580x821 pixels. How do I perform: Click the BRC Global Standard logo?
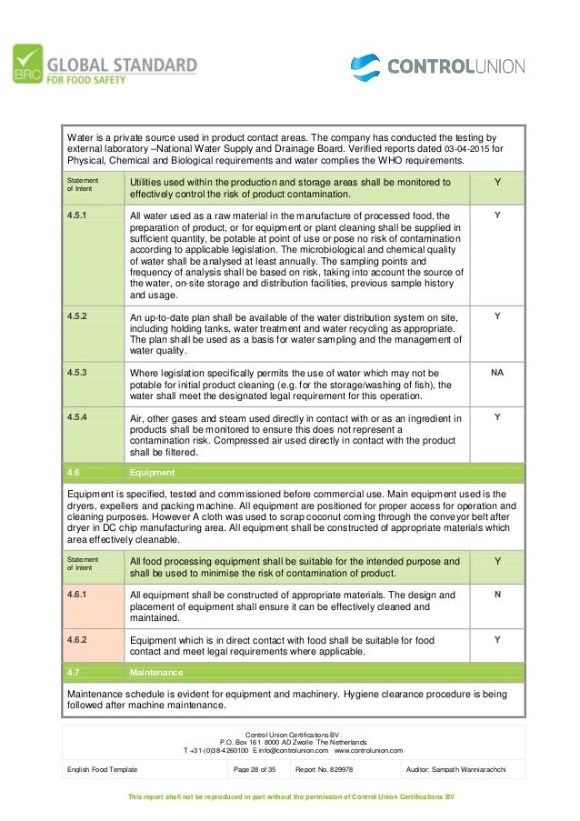(x=105, y=65)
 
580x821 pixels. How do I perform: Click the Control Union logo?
(x=438, y=65)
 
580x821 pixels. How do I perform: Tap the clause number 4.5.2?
(x=78, y=316)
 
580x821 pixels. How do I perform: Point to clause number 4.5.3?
(x=78, y=373)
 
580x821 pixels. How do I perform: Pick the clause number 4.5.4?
(x=78, y=417)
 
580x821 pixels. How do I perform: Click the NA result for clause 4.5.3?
(x=496, y=373)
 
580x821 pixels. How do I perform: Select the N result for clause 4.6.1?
(x=496, y=595)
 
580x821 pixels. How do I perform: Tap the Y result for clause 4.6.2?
(x=496, y=639)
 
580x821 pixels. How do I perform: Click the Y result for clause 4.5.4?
(x=496, y=417)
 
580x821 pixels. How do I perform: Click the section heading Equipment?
(x=154, y=473)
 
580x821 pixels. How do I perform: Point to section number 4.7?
(x=75, y=673)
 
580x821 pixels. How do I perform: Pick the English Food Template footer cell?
(x=103, y=769)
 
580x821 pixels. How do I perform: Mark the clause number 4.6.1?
(x=78, y=595)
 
